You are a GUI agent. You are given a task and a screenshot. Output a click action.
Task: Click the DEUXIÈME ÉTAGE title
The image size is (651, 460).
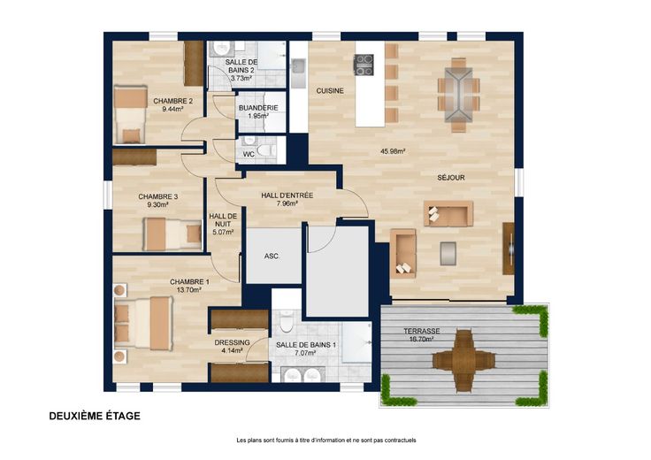pos(95,416)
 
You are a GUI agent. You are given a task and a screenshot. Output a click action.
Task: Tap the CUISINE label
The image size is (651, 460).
pos(330,90)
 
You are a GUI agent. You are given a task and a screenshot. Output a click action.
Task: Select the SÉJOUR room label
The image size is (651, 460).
pos(451,178)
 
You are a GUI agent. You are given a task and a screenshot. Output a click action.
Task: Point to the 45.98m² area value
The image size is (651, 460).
pos(393,151)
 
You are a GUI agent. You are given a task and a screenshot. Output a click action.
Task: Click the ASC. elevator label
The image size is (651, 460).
pos(272,257)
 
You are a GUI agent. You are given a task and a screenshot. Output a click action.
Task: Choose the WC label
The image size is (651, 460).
pos(249,155)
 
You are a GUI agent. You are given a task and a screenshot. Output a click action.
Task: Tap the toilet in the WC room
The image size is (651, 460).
pos(265,149)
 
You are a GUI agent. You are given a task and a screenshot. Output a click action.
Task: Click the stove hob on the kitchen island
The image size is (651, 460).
pos(364,65)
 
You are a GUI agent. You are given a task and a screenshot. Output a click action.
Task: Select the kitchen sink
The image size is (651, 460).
pos(298,68)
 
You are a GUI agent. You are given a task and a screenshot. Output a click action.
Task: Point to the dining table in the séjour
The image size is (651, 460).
pos(458,95)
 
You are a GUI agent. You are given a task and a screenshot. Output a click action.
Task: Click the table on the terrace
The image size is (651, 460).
pos(463,360)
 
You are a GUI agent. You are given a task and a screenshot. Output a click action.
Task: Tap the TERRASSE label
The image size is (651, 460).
pos(421,332)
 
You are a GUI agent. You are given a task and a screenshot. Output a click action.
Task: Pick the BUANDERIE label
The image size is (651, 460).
pos(258,108)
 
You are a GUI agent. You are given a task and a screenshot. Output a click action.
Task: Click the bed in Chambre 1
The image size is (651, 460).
pos(143,323)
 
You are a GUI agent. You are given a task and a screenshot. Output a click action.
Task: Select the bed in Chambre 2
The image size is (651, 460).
pos(130,115)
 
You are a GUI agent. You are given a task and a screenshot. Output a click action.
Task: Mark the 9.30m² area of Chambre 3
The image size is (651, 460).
pos(158,204)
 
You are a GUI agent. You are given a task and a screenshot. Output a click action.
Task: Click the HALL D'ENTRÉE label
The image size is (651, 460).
pos(287,195)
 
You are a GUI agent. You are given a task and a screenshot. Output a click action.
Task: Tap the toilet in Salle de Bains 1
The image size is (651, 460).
pos(287,320)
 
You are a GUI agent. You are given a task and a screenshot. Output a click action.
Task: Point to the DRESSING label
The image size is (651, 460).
pos(232,342)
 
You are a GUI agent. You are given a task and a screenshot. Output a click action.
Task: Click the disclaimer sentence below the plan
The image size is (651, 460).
pos(325,440)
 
